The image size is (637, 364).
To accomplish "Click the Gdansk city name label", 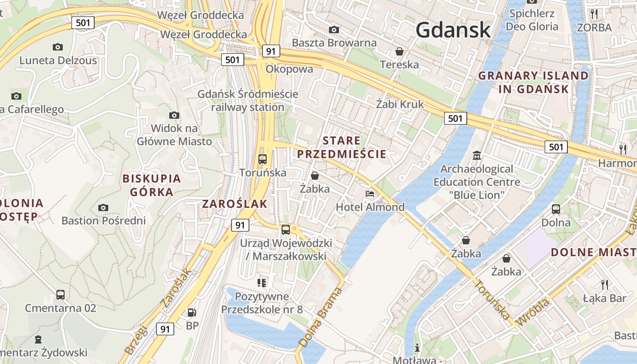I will pyautogui.click(x=453, y=30).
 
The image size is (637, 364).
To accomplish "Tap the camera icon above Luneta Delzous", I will pyautogui.click(x=57, y=47).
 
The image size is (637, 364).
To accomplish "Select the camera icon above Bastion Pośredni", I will pyautogui.click(x=103, y=208).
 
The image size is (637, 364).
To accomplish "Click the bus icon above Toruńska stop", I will pyautogui.click(x=263, y=159).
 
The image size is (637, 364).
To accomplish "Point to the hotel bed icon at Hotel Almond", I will pyautogui.click(x=370, y=194).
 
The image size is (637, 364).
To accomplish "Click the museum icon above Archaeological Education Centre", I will pyautogui.click(x=477, y=156).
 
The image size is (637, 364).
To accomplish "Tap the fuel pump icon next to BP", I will pyautogui.click(x=192, y=312).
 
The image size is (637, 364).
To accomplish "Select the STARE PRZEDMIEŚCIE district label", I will pyautogui.click(x=342, y=147).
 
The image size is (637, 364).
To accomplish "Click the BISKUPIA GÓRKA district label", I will pyautogui.click(x=152, y=185).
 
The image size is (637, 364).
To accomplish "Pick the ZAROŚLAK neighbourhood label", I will pyautogui.click(x=234, y=204).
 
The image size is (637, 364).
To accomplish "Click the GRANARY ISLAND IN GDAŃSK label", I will pyautogui.click(x=533, y=82).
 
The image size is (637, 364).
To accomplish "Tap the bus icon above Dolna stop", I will pyautogui.click(x=556, y=209).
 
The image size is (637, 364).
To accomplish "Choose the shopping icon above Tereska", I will pyautogui.click(x=399, y=51).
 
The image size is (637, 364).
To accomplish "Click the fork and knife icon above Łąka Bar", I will pyautogui.click(x=605, y=285).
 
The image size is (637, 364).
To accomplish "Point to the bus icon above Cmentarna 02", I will pyautogui.click(x=61, y=294).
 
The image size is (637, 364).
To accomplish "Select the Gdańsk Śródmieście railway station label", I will pyautogui.click(x=248, y=101).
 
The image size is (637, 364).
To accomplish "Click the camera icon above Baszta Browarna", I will pyautogui.click(x=334, y=30).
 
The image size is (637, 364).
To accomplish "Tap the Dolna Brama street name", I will pyautogui.click(x=320, y=317).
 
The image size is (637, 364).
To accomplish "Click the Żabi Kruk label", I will pyautogui.click(x=399, y=104).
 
